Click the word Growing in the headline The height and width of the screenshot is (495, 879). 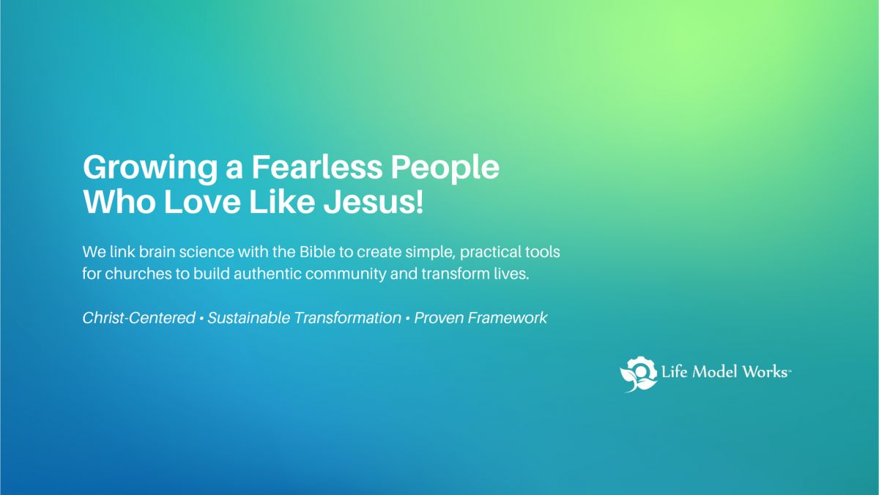pos(150,168)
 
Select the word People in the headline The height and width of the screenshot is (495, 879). pos(445,168)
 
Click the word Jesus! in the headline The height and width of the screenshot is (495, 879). pos(374,201)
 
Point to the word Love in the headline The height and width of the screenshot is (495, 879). pos(201,201)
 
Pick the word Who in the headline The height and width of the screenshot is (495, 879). pos(119,201)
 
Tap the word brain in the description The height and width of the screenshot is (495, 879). pos(157,252)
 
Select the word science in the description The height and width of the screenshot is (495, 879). pos(207,252)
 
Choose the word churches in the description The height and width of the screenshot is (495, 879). pos(138,274)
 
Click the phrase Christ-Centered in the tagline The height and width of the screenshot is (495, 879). pos(138,318)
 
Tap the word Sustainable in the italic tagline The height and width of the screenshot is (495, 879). pos(249,318)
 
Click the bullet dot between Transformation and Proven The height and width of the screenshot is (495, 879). pos(407,319)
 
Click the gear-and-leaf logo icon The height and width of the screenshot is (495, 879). pos(639,373)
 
